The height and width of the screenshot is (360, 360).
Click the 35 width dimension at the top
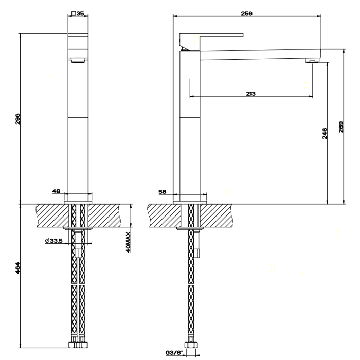80,14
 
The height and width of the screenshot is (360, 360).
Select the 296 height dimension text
17,119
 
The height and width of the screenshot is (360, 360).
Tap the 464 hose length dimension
17,267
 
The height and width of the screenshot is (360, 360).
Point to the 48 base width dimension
56,191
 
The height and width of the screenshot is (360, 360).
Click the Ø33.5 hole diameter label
53,241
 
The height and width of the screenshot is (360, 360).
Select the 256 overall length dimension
246,14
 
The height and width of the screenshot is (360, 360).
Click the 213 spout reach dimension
250,93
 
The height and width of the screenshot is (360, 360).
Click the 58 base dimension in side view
163,191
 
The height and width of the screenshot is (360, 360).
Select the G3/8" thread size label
173,353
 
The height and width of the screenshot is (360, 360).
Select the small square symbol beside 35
74,14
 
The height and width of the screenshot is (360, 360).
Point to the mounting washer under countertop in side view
191,228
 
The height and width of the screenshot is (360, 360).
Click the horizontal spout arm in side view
257,54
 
